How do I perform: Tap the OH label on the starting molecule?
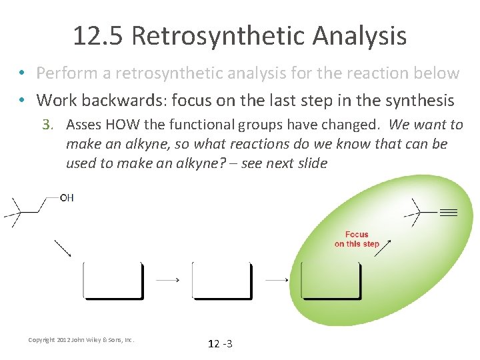[67, 198]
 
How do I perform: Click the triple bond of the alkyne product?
[448, 213]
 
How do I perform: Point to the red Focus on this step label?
[357, 239]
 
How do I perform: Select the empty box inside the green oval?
[331, 280]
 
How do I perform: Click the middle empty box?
[222, 280]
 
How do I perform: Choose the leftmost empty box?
[113, 280]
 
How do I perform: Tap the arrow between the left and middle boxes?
[167, 280]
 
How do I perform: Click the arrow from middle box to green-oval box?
[277, 280]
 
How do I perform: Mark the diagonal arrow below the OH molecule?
[63, 248]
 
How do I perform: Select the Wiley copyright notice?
[81, 340]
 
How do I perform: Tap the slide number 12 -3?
[220, 344]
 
